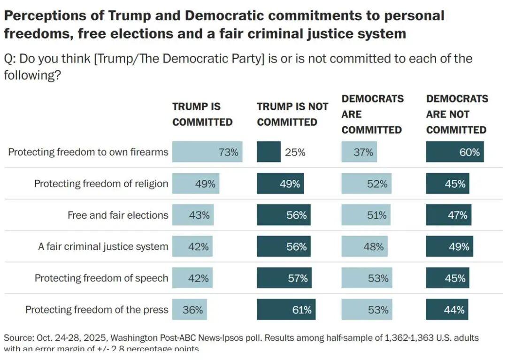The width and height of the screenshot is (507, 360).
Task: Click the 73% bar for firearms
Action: coord(207,152)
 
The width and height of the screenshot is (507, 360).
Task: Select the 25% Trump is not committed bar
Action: coord(269,152)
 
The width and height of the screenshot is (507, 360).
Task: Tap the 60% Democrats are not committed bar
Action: coord(454,152)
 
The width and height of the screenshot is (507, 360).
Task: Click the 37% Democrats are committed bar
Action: coord(359,152)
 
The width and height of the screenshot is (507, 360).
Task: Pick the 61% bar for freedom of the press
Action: coord(286,310)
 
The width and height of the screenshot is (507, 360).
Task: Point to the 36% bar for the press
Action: coord(189,310)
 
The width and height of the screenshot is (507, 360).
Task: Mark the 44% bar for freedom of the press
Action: coord(447,310)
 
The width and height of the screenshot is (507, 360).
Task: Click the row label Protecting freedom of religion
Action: coord(101,184)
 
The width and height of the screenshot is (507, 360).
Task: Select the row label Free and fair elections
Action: coord(118,215)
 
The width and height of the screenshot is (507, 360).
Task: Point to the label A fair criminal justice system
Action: coord(103,246)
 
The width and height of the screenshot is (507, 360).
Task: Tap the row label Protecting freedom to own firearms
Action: coord(88,152)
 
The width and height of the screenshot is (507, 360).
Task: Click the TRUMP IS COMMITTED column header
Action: coord(202,114)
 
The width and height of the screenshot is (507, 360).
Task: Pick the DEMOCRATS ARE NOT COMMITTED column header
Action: coord(457,114)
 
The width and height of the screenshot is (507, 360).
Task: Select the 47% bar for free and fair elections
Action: coord(448,215)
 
